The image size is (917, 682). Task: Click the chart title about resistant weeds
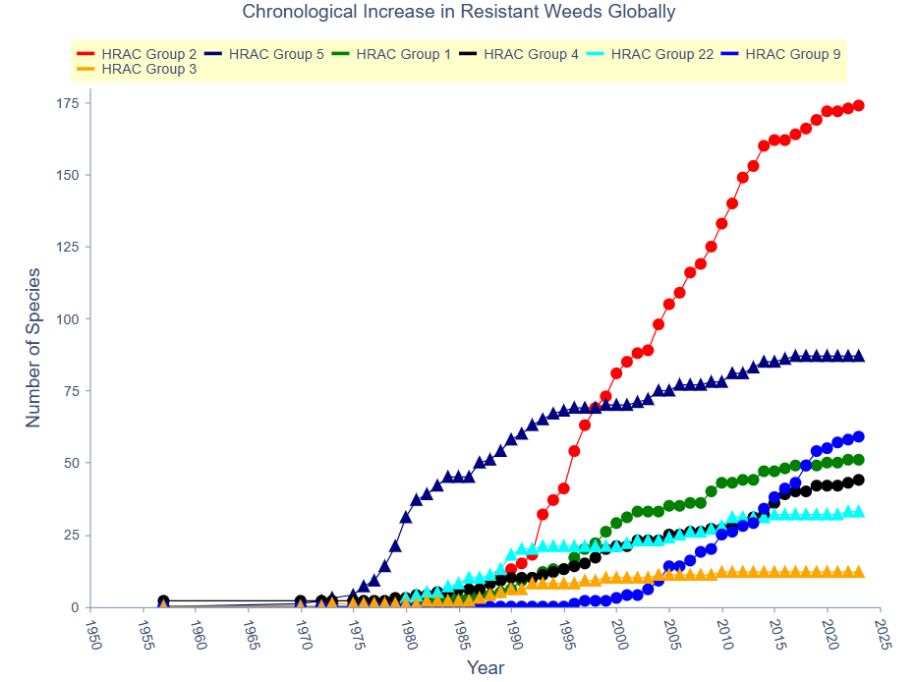pos(458,13)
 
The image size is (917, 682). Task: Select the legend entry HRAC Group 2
pos(142,54)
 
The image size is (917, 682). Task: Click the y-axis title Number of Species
pos(33,347)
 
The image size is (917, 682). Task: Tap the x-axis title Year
pos(486,668)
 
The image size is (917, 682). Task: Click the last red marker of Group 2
pos(858,105)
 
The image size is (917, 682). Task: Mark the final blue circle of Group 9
pos(858,436)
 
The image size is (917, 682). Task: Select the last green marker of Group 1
pos(858,460)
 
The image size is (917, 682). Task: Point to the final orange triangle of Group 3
pos(858,572)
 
